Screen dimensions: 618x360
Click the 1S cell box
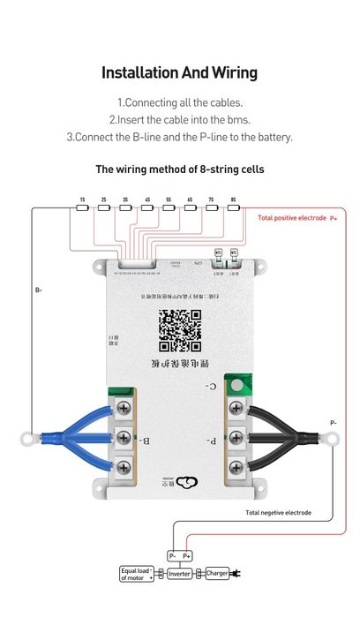(x=81, y=200)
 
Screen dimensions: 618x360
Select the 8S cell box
(x=232, y=200)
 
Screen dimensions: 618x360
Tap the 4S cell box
(x=146, y=200)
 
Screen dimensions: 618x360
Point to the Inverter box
(x=179, y=573)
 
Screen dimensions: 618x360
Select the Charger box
(x=217, y=573)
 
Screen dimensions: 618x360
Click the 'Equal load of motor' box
(x=137, y=574)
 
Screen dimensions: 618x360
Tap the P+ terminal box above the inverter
(x=186, y=556)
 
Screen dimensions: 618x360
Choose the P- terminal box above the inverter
(x=172, y=556)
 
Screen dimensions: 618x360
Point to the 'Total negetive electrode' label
(x=278, y=512)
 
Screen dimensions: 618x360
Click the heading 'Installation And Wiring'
(x=179, y=72)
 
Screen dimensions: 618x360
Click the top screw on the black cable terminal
(x=236, y=408)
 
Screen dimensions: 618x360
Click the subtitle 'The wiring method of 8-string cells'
(x=179, y=169)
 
